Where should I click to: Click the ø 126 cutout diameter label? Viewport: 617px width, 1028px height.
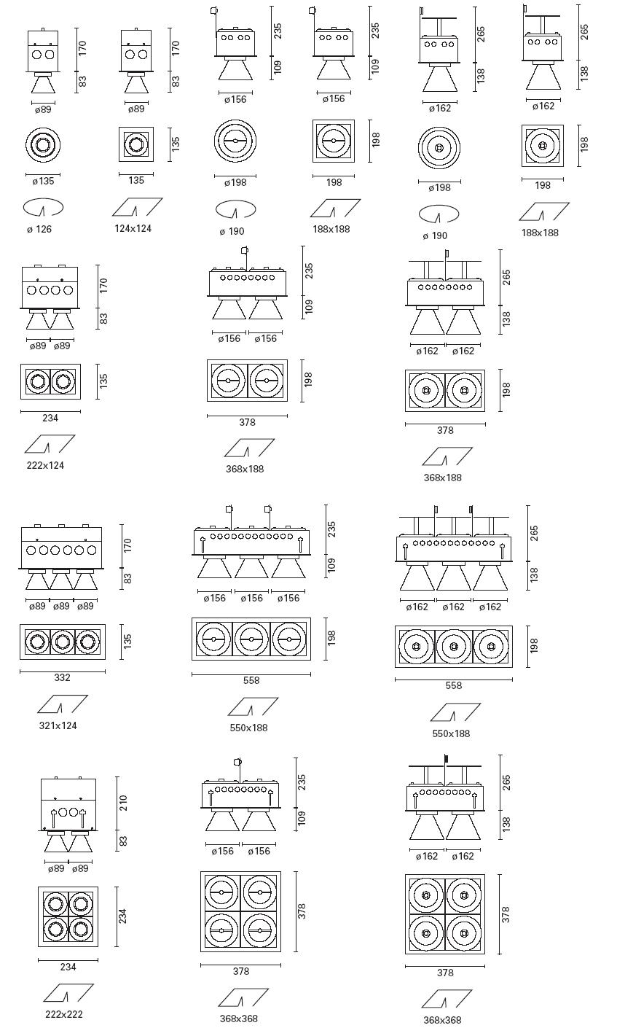(x=39, y=229)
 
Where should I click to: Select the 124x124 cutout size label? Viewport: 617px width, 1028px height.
(x=133, y=228)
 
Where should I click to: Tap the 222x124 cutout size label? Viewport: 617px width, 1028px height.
(x=45, y=465)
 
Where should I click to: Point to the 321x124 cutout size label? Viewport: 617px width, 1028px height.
(x=58, y=725)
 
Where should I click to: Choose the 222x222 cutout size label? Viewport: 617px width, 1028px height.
(x=64, y=1014)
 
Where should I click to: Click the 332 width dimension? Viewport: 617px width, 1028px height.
(x=63, y=677)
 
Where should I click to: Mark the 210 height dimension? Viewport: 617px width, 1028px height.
(x=123, y=803)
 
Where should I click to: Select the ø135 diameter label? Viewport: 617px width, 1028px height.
(x=43, y=182)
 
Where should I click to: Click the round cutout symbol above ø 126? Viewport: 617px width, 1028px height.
(x=43, y=207)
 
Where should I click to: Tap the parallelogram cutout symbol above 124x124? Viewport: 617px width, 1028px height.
(x=137, y=207)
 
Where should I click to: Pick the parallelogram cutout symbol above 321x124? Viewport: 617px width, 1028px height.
(x=63, y=704)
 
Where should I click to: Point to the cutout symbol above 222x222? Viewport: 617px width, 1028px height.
(x=68, y=993)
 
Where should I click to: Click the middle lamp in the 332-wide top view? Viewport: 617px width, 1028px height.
(x=63, y=642)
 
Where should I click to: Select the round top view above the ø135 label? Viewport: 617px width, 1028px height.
(x=43, y=144)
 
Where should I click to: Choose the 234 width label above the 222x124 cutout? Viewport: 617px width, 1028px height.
(x=50, y=418)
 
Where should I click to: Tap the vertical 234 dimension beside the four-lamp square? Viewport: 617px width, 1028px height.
(x=122, y=916)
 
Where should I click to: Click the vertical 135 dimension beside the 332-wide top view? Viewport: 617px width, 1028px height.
(x=127, y=642)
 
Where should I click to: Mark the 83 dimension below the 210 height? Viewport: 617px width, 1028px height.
(x=123, y=841)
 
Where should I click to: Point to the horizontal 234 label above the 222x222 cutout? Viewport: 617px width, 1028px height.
(x=68, y=967)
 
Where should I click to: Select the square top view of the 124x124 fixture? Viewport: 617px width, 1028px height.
(x=136, y=144)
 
